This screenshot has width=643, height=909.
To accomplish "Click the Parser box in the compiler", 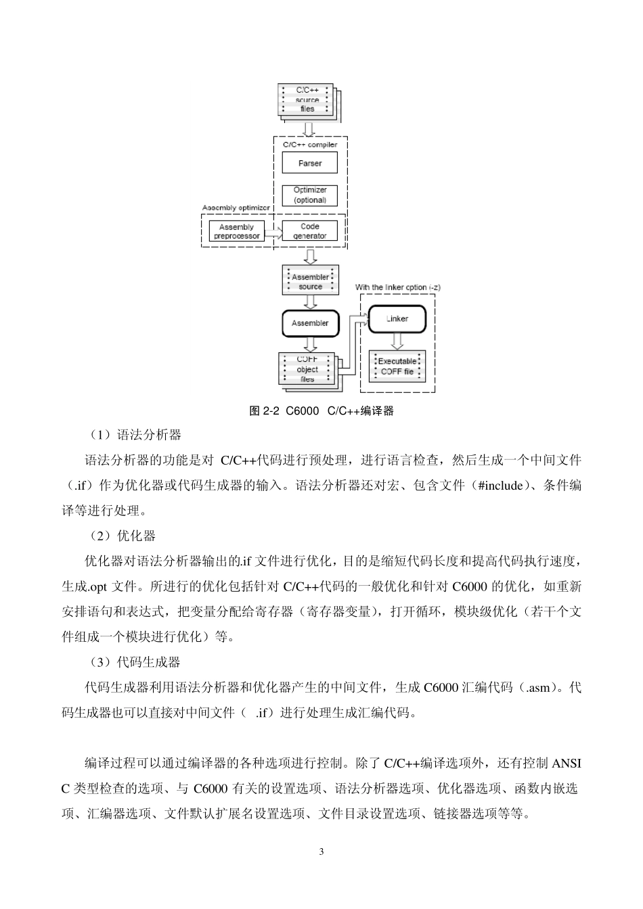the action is coord(310,163).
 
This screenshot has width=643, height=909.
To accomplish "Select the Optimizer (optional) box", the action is coord(310,195).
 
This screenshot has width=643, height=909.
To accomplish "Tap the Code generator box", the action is coord(310,231).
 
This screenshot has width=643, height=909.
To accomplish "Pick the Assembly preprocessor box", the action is coord(236,231).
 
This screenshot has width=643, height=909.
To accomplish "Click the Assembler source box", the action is coord(310,281).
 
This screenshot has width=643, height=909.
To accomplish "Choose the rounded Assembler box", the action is coord(310,323).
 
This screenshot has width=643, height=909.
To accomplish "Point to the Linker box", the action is coord(397,319).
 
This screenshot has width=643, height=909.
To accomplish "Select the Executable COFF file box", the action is coord(397,366).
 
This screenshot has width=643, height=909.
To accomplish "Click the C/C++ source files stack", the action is coord(307,100).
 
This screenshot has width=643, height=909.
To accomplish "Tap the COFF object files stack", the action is coord(307,369).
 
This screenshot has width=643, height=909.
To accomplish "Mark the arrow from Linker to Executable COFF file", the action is coord(397,342).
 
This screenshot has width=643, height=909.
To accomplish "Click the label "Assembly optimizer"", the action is coord(236,208).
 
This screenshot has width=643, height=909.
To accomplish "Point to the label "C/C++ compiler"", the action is coord(309,145).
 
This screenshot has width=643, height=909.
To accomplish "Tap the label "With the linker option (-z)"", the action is coord(398,287).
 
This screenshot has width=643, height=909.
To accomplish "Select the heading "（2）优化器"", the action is coord(123,536).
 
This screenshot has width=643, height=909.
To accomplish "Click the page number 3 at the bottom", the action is coord(321,851).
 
